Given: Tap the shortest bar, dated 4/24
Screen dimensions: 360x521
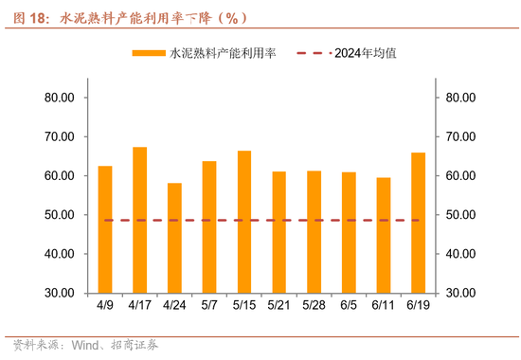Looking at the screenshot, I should point(175,238).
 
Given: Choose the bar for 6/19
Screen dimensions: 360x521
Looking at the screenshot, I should point(418,223).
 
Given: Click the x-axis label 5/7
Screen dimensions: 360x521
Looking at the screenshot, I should point(209,306).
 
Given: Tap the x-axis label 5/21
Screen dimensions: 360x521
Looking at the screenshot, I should point(278,306).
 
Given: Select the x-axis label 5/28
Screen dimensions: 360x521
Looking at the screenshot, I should point(314,306).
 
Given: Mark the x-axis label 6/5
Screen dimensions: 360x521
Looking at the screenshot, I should point(349,306).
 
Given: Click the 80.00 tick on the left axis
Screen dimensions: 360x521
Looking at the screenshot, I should point(61,97).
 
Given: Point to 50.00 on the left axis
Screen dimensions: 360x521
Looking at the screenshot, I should point(61,215).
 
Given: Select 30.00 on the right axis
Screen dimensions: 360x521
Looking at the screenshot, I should point(459,294).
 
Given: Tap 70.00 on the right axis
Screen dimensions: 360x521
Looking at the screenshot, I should point(459,136).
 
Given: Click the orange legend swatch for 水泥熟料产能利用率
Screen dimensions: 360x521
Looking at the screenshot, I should point(149,53).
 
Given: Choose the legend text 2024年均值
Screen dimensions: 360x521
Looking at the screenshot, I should point(365,53).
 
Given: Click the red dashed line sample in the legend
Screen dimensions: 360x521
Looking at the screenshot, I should point(314,53).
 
